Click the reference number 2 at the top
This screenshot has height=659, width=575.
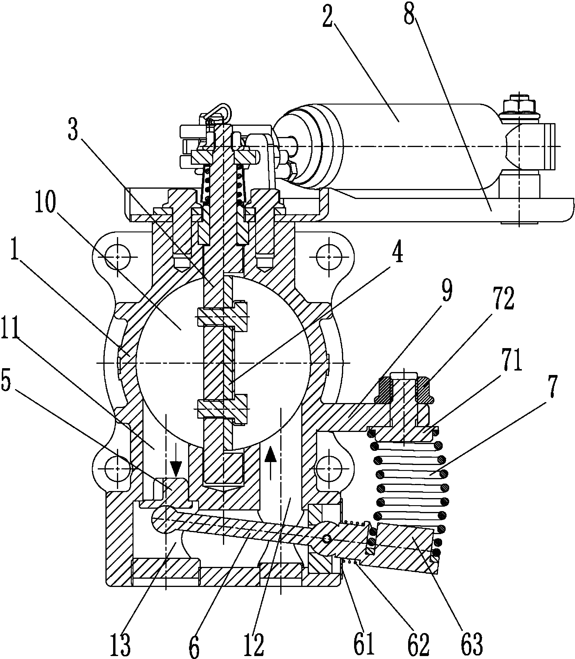click(328, 18)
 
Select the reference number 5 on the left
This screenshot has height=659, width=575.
click(7, 379)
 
